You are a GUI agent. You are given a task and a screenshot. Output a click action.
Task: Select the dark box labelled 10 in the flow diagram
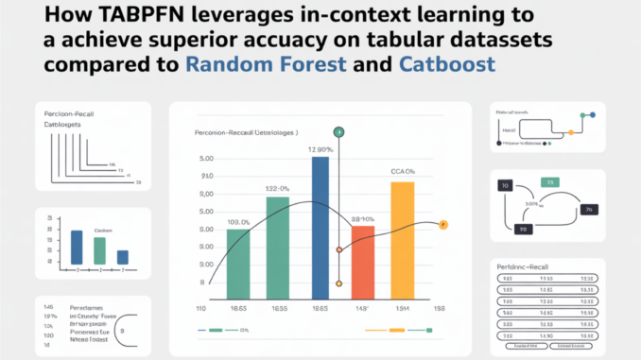[x=506, y=186]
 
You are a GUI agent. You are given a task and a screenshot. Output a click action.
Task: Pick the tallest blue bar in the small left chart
[x=77, y=247]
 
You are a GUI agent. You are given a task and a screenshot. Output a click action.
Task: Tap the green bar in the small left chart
[x=99, y=250]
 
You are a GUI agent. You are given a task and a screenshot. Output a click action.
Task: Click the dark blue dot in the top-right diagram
[x=593, y=115]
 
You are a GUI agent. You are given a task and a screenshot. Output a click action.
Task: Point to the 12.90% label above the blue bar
[x=319, y=150]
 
